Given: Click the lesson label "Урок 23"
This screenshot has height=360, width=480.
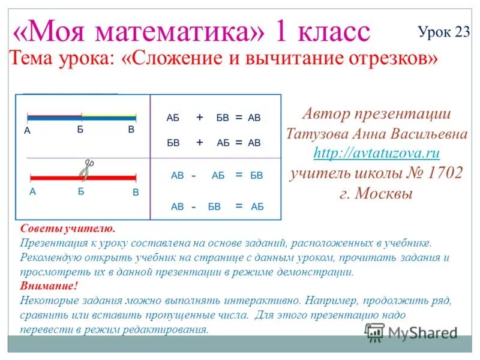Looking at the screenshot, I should (443, 32).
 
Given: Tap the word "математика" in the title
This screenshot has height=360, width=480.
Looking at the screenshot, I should (181, 31).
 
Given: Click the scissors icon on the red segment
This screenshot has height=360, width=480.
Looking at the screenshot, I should (87, 170).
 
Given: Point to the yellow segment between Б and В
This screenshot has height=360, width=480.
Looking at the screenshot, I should (109, 115).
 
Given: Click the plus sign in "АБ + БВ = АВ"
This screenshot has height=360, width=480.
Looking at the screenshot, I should (199, 118).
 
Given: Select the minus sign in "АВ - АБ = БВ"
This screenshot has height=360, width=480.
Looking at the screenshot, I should (194, 176).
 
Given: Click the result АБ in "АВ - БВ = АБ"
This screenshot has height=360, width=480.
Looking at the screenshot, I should (257, 206).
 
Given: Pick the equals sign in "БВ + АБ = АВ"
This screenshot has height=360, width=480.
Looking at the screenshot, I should (238, 143).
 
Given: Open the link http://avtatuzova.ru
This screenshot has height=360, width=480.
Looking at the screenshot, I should (377, 152).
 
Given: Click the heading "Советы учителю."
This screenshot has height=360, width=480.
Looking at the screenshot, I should (67, 229).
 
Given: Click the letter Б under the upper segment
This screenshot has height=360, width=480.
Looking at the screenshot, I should (80, 129).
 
